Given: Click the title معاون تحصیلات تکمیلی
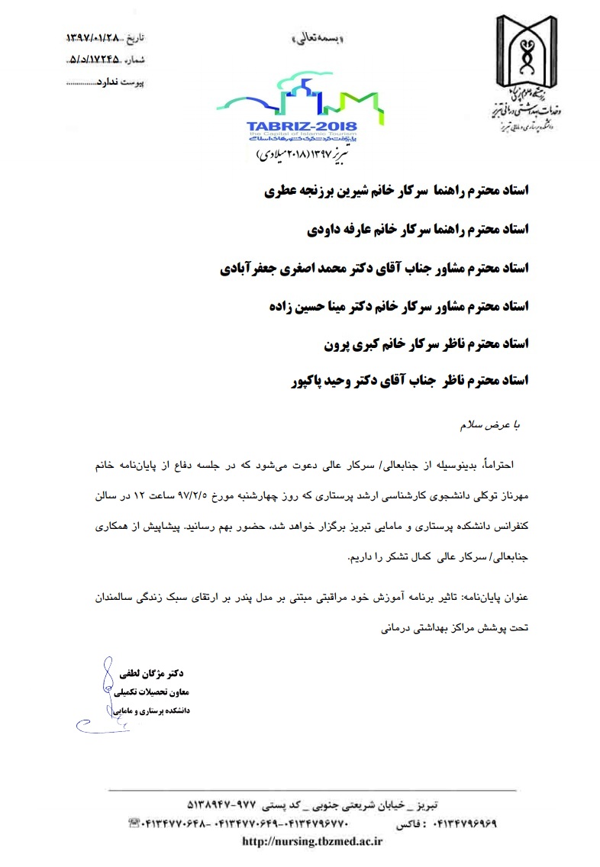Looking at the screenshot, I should [156, 692].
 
